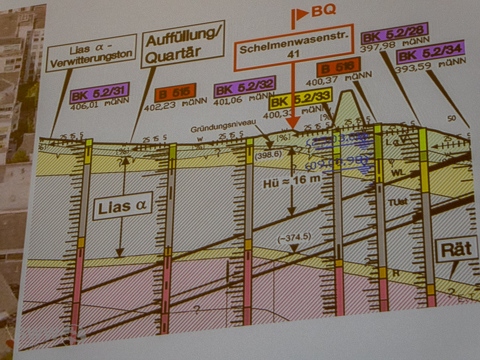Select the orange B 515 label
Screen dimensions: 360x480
[x=175, y=93]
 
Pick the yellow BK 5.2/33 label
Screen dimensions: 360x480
[x=301, y=99]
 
